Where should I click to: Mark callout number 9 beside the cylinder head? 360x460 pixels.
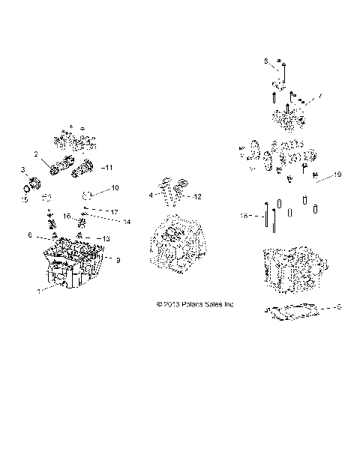[x=117, y=259]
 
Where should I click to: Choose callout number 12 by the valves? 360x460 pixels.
[x=198, y=196]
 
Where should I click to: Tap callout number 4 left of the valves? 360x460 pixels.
[x=151, y=195]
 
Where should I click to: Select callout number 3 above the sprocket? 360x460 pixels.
[x=22, y=170]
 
